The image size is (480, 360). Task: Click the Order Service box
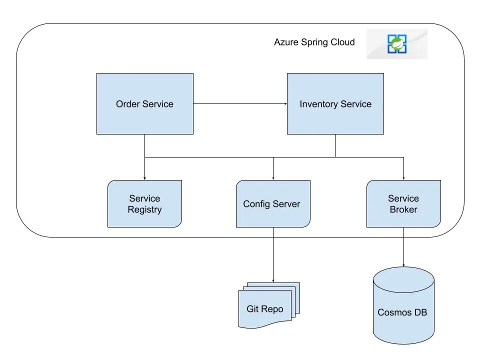145,104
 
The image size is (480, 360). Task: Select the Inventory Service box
335,104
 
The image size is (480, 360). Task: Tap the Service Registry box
145,204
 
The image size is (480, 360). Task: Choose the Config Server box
273,204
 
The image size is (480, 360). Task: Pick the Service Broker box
403,204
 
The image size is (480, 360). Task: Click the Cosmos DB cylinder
403,305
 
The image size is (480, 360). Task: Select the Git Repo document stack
269,305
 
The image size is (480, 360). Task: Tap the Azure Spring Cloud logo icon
396,44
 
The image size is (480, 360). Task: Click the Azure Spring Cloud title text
314,42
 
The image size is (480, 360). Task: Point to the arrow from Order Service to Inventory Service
240,104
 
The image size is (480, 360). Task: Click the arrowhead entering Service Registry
145,178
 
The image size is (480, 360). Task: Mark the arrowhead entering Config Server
273,178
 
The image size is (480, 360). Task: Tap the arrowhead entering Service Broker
403,178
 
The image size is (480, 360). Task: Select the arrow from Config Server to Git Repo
273,254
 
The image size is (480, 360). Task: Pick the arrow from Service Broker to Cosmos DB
403,247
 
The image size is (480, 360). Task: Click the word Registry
145,210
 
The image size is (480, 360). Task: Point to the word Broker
403,209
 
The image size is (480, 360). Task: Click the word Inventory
318,104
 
